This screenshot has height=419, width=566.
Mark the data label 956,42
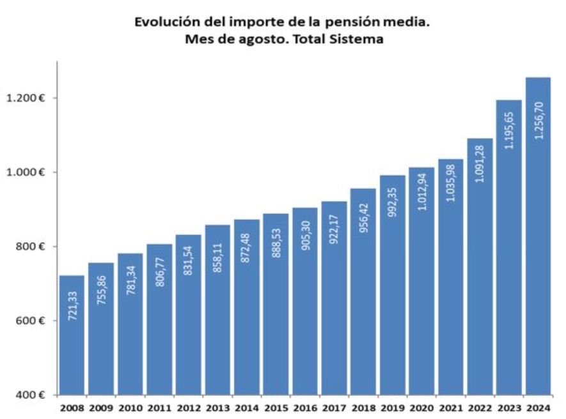(x=363, y=220)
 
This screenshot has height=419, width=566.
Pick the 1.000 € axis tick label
(x=28, y=172)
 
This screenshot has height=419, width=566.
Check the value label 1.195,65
(x=509, y=129)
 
